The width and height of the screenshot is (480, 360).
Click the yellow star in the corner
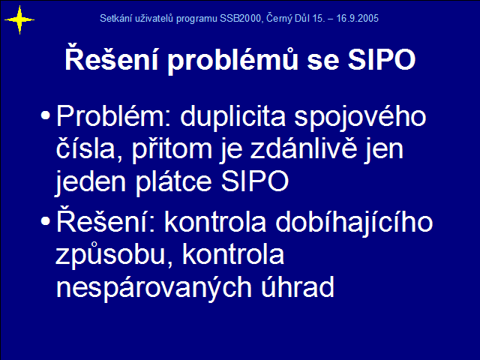point(19,20)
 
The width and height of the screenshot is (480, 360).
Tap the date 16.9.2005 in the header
point(358,18)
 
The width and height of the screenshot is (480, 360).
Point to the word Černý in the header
point(279,18)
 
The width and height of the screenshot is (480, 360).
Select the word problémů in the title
point(232,60)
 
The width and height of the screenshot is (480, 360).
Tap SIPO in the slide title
point(382,59)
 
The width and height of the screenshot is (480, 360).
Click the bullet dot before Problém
point(45,115)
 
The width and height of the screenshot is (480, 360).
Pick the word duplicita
point(233,117)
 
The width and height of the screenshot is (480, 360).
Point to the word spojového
point(360,118)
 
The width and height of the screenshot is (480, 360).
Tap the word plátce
point(174,181)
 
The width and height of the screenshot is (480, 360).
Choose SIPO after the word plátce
point(255,181)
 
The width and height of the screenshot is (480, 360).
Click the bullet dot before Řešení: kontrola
point(45,221)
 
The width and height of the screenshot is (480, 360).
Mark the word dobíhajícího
point(354,223)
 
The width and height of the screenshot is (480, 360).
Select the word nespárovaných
point(154,286)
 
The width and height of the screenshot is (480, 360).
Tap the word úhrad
point(297,286)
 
